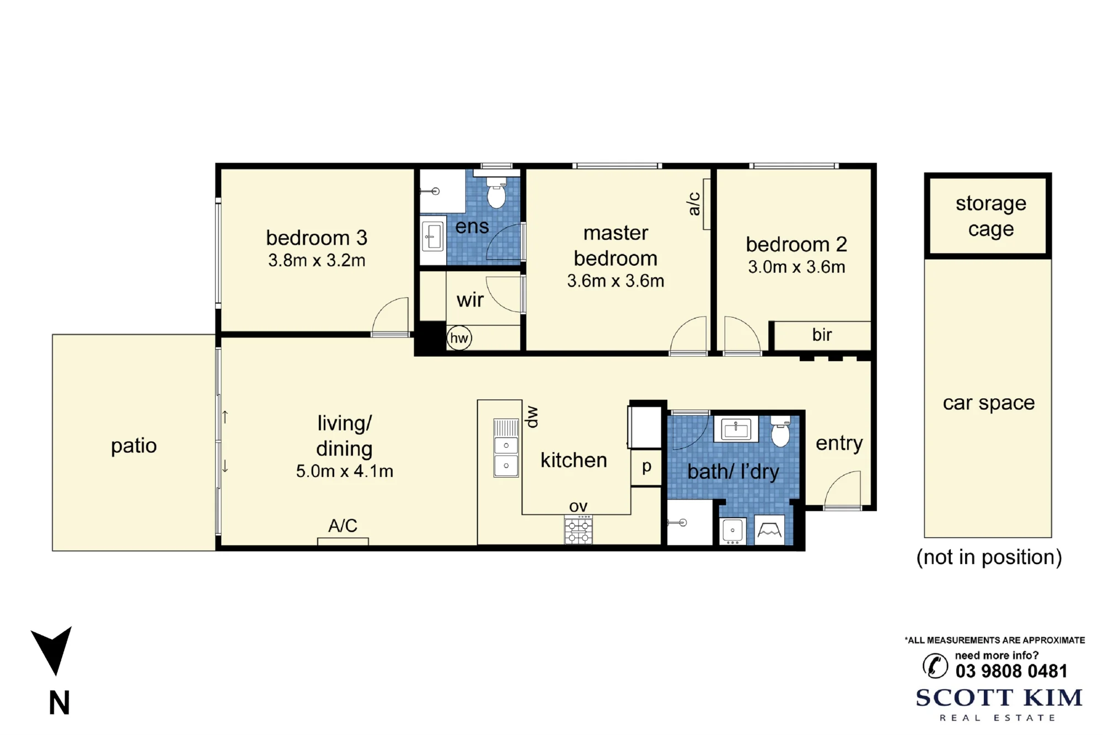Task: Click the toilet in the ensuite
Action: click(496, 192)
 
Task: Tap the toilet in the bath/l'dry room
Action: click(780, 432)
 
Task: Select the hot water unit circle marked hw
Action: click(459, 338)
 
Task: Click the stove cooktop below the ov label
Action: click(578, 530)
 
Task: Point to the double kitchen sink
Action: click(506, 448)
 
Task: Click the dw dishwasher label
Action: click(532, 417)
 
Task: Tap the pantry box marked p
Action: click(646, 468)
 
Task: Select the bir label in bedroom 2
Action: click(822, 335)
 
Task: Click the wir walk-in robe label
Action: click(470, 300)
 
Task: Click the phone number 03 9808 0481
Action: click(1011, 671)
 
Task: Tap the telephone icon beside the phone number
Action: click(935, 666)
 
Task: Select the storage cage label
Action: click(991, 216)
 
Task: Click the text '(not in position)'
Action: click(989, 557)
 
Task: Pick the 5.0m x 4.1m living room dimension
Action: click(345, 471)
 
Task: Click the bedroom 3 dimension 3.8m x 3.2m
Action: click(317, 260)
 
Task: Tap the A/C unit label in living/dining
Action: click(342, 525)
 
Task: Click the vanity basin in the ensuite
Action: click(433, 236)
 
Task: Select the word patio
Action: click(134, 446)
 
